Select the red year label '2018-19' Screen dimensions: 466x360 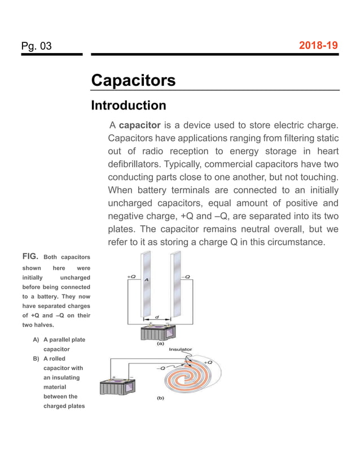pos(319,45)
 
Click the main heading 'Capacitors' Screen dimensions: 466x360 pos(133,80)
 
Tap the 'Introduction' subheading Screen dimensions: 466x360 pos(129,105)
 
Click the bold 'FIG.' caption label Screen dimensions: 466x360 pos(30,257)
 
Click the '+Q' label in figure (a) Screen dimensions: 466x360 pos(131,277)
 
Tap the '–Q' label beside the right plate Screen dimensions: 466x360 pos(187,277)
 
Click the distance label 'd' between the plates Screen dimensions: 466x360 pos(156,316)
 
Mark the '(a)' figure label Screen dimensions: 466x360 pos(160,342)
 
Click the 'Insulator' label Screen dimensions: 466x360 pos(181,350)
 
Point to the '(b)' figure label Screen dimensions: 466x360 pos(160,398)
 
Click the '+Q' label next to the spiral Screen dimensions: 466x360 pos(207,362)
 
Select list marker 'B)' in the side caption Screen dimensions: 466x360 pos(37,359)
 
